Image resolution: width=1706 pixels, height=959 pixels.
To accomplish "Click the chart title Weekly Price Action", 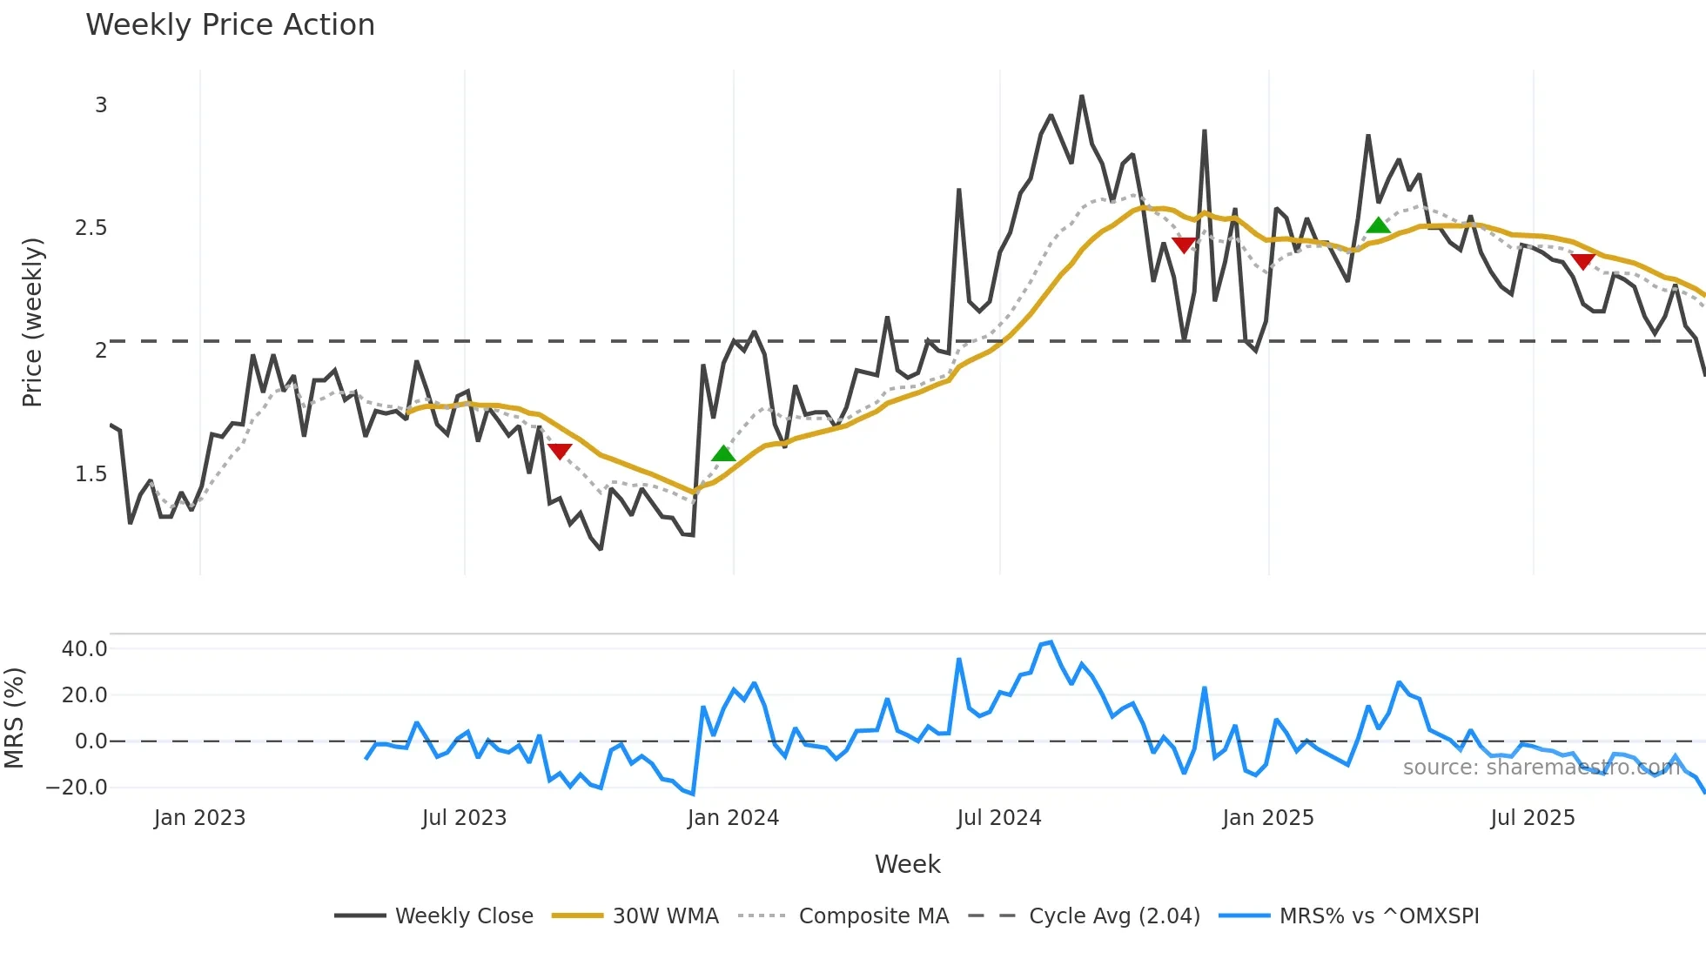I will tap(230, 25).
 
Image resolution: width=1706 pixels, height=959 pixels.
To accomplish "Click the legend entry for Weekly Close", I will tap(464, 916).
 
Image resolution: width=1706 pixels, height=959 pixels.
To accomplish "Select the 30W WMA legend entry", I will tap(665, 916).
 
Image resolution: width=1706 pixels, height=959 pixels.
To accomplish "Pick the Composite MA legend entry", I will tap(873, 916).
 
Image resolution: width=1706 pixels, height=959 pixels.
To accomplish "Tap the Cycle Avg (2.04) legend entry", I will tap(1113, 916).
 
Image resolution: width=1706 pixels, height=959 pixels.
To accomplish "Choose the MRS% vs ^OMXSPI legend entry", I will tap(1379, 916).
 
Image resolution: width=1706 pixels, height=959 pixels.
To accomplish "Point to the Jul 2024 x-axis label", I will tap(998, 818).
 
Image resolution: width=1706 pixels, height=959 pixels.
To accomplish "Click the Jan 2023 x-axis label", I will tap(199, 818).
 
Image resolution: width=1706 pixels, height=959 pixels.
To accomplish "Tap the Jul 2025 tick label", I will tap(1532, 818).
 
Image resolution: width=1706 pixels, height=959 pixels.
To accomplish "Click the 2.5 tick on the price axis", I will tap(91, 228).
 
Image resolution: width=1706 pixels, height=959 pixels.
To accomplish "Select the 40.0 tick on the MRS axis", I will tap(84, 649).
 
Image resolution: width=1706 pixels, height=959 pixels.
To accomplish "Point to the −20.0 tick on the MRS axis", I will tap(77, 788).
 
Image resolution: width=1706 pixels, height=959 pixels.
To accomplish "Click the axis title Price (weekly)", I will tap(32, 322).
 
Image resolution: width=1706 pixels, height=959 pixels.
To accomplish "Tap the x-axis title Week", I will tap(907, 864).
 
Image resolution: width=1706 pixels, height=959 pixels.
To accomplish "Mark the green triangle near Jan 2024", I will tap(723, 453).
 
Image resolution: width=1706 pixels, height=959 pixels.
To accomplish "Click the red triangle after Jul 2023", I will tap(560, 451).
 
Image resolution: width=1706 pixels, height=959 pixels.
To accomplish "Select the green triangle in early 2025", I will tap(1378, 225).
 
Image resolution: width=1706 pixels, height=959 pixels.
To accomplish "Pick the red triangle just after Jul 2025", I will tap(1582, 261).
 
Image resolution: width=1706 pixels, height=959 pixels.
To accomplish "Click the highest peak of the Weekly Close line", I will tap(1082, 97).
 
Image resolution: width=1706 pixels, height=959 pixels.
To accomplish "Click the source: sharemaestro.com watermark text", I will tap(1541, 768).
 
